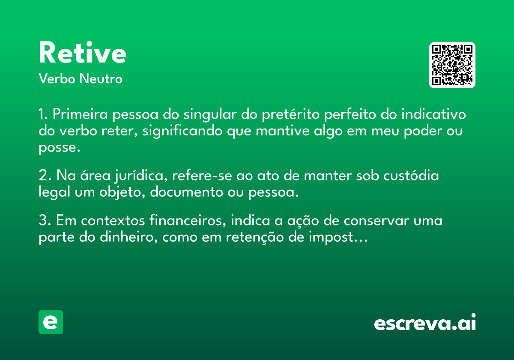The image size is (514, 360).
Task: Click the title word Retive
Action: [x=83, y=52]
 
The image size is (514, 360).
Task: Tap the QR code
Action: [x=452, y=65]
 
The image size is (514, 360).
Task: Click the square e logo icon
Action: [x=51, y=322]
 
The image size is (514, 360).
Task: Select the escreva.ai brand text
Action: [x=425, y=322]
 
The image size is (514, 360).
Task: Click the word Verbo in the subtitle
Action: [x=57, y=78]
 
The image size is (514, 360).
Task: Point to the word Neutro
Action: [x=101, y=78]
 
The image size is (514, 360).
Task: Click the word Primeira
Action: [x=80, y=114]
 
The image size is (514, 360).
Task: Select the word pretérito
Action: [x=291, y=114]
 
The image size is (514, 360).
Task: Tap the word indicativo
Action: [x=433, y=114]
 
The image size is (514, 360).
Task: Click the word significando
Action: [x=182, y=131]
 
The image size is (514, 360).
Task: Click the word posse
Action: [x=60, y=148]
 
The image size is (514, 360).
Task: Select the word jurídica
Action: [x=141, y=176]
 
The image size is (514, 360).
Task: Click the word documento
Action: [x=187, y=192]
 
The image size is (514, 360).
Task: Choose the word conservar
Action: [x=377, y=221]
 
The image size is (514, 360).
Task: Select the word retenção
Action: [x=255, y=237]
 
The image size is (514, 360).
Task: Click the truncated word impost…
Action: [x=338, y=237]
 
